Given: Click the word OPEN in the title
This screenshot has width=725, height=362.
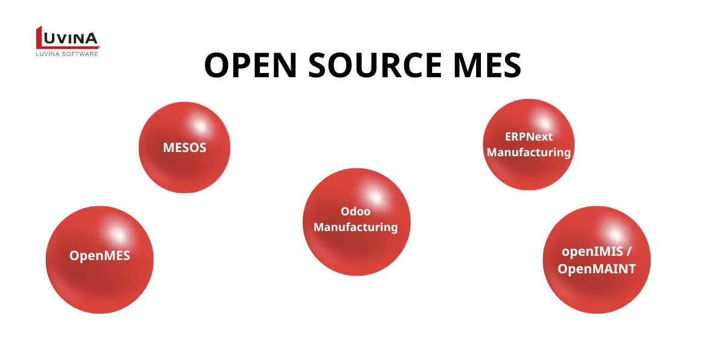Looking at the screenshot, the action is pyautogui.click(x=251, y=65).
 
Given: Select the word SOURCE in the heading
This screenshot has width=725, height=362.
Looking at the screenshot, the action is pyautogui.click(x=375, y=65).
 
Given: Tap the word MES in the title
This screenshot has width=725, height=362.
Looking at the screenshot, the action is pyautogui.click(x=488, y=65).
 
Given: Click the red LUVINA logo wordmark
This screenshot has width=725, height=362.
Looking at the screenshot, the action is pyautogui.click(x=68, y=37).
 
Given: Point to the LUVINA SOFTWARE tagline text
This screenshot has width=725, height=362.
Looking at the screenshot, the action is pyautogui.click(x=67, y=54).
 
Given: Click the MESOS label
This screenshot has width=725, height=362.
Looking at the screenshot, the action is pyautogui.click(x=184, y=148).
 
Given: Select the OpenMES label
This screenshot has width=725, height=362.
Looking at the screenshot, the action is pyautogui.click(x=100, y=256).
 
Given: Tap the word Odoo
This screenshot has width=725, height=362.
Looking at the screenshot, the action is pyautogui.click(x=355, y=211).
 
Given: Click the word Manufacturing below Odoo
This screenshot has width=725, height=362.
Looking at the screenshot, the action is pyautogui.click(x=355, y=227).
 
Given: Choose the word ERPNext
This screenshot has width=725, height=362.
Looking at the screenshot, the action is pyautogui.click(x=529, y=137).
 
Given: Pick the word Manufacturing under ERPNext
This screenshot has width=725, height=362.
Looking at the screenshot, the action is pyautogui.click(x=529, y=152).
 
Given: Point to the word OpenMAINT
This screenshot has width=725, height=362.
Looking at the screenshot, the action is pyautogui.click(x=596, y=269).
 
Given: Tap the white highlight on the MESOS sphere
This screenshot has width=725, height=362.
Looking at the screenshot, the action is pyautogui.click(x=200, y=126).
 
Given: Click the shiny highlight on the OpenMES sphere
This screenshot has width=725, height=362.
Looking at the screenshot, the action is pyautogui.click(x=118, y=234).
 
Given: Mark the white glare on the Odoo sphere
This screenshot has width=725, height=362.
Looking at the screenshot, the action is pyautogui.click(x=375, y=196).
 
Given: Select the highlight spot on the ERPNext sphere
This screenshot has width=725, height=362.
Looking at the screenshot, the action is pyautogui.click(x=544, y=123).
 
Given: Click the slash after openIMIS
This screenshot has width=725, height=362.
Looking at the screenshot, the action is pyautogui.click(x=628, y=251).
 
